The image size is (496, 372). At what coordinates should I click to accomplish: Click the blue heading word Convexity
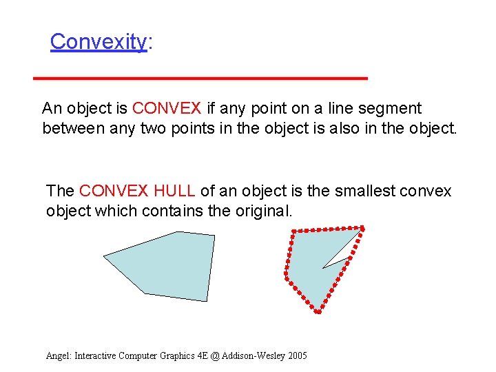pyautogui.click(x=98, y=41)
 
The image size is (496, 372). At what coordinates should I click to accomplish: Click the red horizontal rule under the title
pyautogui.click(x=200, y=79)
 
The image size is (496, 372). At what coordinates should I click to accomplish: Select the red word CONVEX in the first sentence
pyautogui.click(x=167, y=108)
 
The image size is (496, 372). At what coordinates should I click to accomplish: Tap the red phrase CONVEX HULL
pyautogui.click(x=137, y=191)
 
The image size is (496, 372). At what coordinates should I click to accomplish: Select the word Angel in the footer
pyautogui.click(x=58, y=355)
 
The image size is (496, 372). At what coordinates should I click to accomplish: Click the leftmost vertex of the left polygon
pyautogui.click(x=104, y=256)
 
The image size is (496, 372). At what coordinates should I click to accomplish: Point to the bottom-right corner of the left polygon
pyautogui.click(x=206, y=301)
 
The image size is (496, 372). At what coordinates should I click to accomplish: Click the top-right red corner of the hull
pyautogui.click(x=362, y=228)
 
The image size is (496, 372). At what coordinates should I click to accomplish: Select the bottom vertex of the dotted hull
pyautogui.click(x=318, y=311)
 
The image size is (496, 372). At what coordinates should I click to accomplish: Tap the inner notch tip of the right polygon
pyautogui.click(x=322, y=267)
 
